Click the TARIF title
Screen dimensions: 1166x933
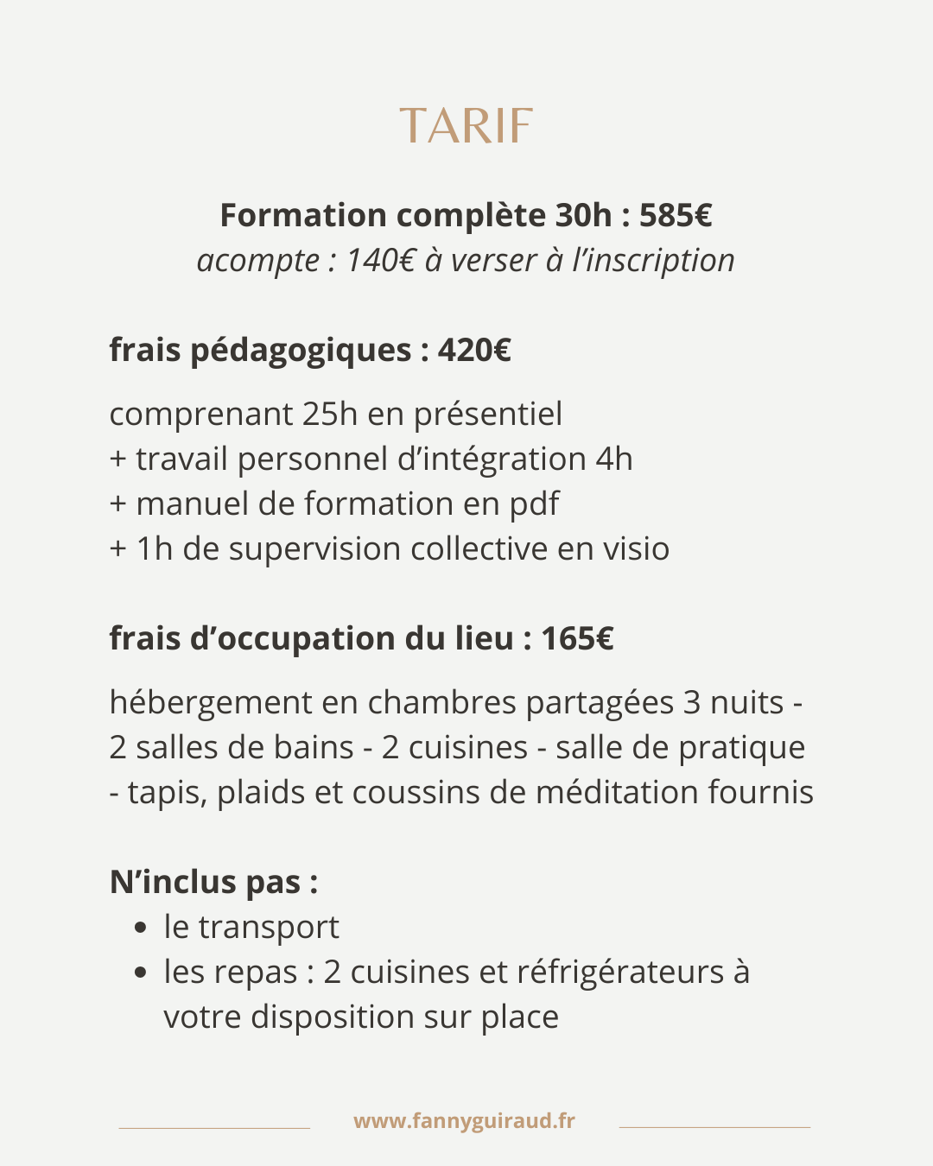click(x=466, y=127)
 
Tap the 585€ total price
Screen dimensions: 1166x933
click(x=676, y=215)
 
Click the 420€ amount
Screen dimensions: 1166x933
click(x=474, y=350)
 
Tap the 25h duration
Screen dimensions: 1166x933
click(x=330, y=414)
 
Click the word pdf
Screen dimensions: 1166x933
click(x=534, y=504)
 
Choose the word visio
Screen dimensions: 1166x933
click(x=636, y=548)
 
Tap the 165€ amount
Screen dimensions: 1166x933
click(x=577, y=638)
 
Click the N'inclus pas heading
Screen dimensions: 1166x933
click(x=213, y=882)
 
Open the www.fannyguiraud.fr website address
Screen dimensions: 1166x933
click(x=464, y=1121)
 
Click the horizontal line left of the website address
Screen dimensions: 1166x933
click(x=214, y=1127)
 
